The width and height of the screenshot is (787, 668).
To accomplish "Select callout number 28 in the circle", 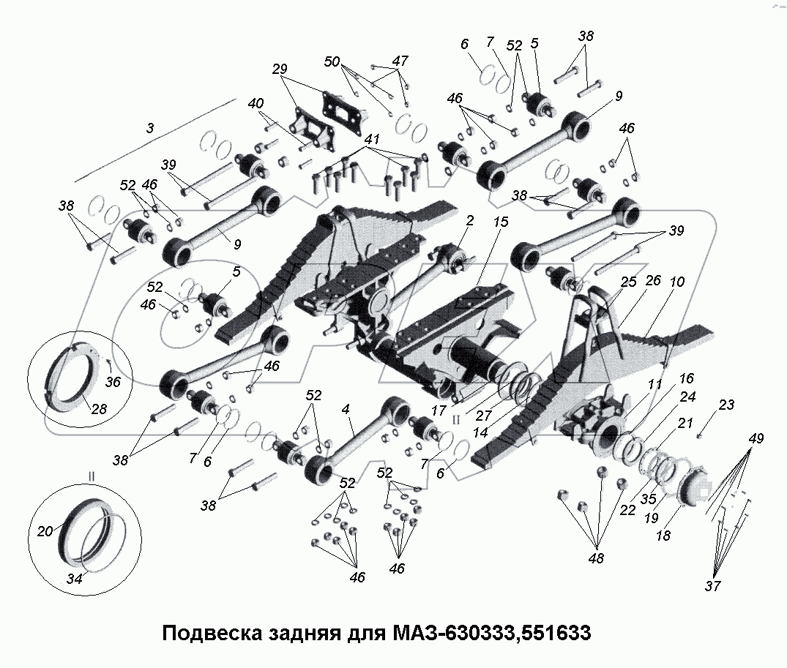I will click(x=97, y=409).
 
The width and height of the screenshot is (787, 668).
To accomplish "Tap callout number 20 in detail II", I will click(x=45, y=532).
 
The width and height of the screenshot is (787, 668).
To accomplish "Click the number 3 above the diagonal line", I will click(x=150, y=127).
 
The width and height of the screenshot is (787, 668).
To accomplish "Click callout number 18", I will click(x=663, y=536).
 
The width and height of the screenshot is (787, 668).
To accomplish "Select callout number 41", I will click(x=372, y=139).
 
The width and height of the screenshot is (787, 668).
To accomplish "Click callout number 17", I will click(x=438, y=411).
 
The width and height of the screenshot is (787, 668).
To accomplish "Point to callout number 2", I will click(x=469, y=219).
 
